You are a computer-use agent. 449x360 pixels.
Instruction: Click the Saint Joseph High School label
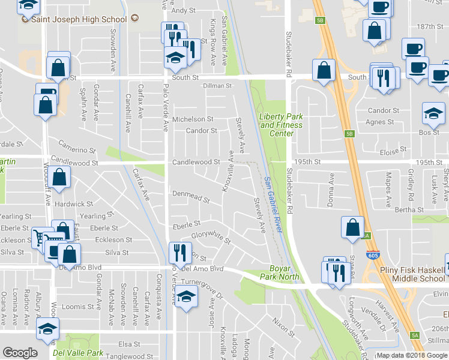[82, 19]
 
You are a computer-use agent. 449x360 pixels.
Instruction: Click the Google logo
[20, 353]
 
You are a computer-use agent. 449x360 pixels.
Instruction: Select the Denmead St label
[190, 197]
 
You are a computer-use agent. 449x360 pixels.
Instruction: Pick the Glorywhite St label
[211, 237]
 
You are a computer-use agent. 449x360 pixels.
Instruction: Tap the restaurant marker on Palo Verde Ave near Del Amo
[179, 251]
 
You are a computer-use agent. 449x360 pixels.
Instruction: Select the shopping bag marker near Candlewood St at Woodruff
[60, 178]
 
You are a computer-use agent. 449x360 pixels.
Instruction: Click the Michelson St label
[193, 119]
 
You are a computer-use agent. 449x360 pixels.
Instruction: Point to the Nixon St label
[283, 328]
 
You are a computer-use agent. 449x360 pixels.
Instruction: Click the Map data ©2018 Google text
[412, 355]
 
